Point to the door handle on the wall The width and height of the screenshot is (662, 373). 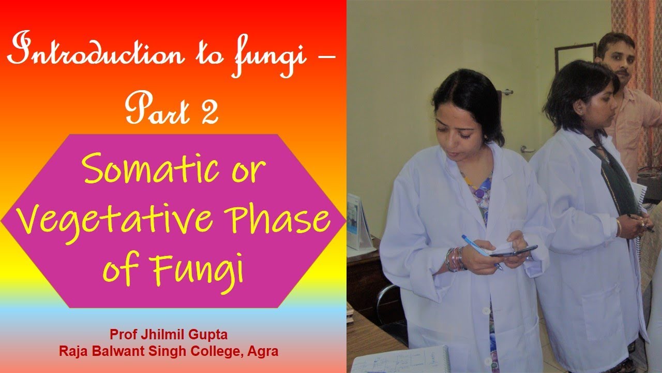click(506, 92)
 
